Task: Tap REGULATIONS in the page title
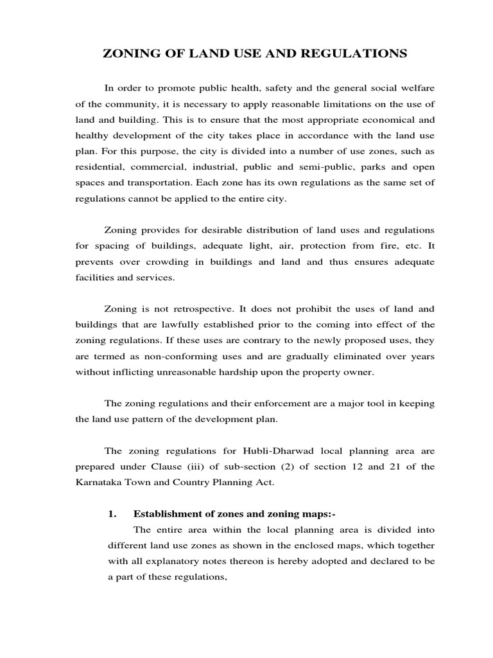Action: coord(358,55)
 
